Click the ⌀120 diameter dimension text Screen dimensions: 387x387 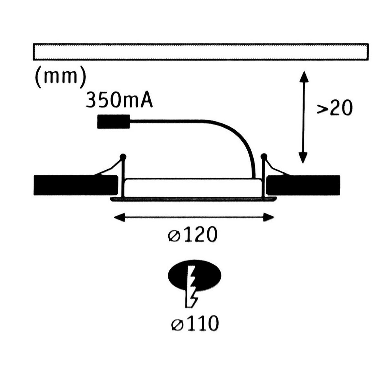tap(193, 235)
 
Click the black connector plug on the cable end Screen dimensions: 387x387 tap(114, 122)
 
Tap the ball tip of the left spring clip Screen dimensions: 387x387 tap(123, 157)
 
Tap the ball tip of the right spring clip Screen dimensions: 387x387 tap(264, 157)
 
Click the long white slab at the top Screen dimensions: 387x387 tap(201, 52)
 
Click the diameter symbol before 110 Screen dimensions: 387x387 tap(176, 325)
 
